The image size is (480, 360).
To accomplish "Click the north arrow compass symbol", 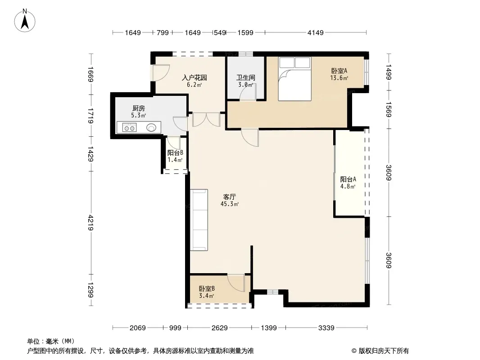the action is pos(25,20).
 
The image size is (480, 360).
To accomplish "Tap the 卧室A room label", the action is pos(339,71).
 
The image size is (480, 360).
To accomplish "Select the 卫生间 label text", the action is pos(246,78).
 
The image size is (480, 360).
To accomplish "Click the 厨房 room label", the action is pos(139,108).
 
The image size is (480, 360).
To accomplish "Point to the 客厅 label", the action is pos(230,197).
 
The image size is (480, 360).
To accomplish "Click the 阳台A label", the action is pos(348,179).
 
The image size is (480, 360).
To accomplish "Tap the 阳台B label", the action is pos(175,153).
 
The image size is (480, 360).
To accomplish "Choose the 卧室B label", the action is pos(207,288).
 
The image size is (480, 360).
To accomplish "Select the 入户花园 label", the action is pos(195,78).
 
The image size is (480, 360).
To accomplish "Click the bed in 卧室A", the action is pos(294,79).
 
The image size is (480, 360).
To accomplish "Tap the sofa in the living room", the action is pos(199,220).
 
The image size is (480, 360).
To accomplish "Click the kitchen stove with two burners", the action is pos(129,127).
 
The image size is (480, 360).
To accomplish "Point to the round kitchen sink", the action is pos(151,127).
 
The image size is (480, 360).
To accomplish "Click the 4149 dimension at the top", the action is pos(316,32).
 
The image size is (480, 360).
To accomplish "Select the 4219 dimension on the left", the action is pos(91,223).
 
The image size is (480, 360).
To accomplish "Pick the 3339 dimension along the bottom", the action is pos(326,328).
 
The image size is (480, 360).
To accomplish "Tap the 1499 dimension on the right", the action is pos(389,72).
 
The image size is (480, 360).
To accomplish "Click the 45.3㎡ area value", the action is pos(230,204).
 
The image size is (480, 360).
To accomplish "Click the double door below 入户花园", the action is pos(206,120).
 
